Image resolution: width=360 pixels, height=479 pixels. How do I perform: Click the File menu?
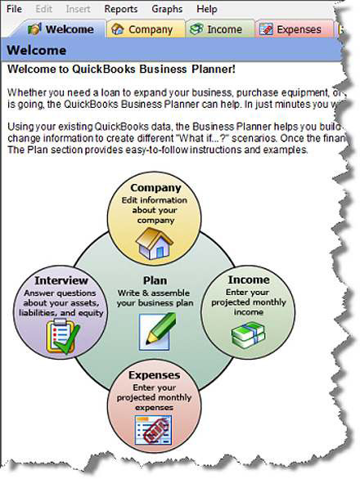[14, 8]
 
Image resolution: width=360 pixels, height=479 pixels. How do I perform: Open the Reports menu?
[121, 9]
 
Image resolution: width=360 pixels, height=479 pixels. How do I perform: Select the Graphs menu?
[167, 9]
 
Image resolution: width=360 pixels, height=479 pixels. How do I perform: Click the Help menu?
[207, 9]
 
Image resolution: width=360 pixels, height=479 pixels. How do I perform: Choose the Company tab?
[146, 29]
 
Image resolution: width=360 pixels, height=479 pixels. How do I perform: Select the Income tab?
[220, 29]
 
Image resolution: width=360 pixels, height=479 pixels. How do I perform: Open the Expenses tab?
[295, 29]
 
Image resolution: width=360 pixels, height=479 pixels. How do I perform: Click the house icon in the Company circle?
[155, 244]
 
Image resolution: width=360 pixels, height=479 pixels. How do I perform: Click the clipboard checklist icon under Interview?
[62, 336]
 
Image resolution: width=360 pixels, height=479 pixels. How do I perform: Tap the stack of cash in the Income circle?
[248, 335]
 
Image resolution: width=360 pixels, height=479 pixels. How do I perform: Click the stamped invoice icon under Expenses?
[153, 430]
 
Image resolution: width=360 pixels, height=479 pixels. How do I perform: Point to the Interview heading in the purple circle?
[61, 280]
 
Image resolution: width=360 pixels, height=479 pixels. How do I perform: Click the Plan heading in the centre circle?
[155, 280]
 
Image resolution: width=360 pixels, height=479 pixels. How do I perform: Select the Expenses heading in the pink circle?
[154, 375]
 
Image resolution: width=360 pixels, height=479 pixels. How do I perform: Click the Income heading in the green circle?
[249, 280]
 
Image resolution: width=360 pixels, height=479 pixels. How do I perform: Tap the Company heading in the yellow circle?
[155, 188]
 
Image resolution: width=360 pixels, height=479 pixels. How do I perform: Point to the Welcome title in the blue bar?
[36, 50]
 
